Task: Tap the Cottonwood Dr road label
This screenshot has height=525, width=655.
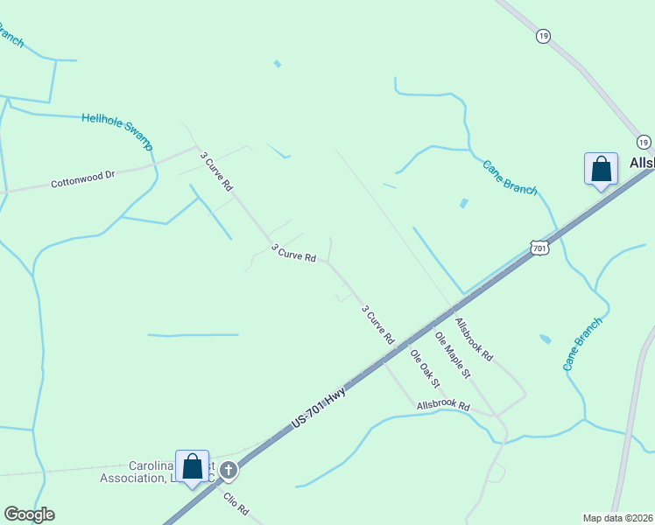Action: click(83, 179)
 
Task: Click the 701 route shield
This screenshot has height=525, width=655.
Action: click(539, 248)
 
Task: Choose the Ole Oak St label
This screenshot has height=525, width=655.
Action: click(426, 371)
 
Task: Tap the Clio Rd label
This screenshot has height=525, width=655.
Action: click(236, 506)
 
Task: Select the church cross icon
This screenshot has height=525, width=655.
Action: click(229, 471)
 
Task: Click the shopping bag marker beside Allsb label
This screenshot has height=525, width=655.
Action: click(601, 168)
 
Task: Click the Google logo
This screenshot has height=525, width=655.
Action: click(29, 514)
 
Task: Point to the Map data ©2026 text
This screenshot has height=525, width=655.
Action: click(618, 518)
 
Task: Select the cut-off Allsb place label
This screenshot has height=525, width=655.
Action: click(642, 164)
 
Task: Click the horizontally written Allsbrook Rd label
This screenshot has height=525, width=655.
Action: click(443, 406)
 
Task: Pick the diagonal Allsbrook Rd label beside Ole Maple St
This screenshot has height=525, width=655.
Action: click(474, 339)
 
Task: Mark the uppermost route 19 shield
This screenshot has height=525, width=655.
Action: click(544, 35)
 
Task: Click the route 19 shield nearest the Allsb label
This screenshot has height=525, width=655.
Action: click(644, 142)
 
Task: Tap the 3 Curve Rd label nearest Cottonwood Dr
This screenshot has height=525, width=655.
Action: click(216, 171)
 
